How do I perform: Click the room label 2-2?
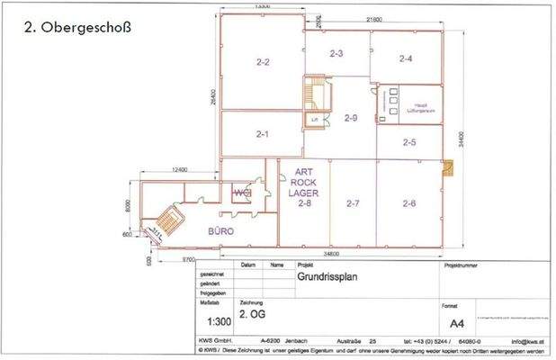pos(263,62)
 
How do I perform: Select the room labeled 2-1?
pos(262,134)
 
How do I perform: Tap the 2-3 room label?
pos(336,54)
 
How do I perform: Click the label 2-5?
pos(409,142)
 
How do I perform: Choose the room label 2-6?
pos(409,203)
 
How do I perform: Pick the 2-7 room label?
pos(353,204)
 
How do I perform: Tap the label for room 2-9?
pos(351,118)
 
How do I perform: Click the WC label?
pos(241,192)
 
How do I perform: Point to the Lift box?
pos(314,119)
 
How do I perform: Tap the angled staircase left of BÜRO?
pos(168,219)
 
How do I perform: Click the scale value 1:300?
pos(212,319)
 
